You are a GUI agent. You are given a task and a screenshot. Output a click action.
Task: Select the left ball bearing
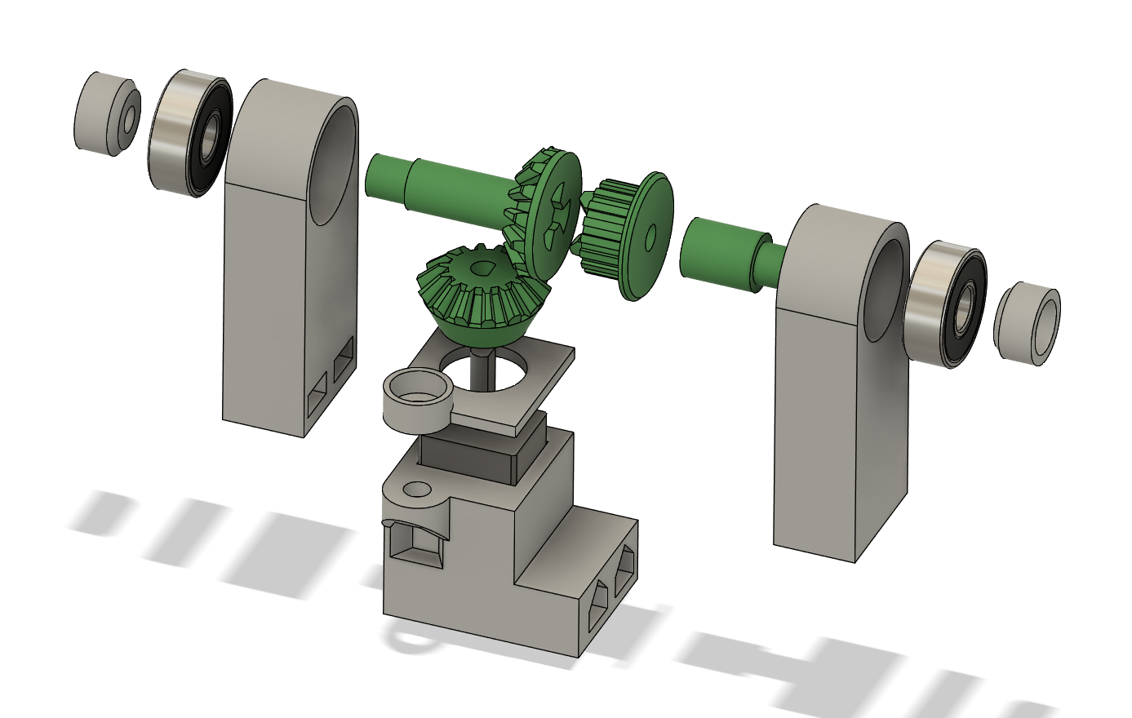point(190,133)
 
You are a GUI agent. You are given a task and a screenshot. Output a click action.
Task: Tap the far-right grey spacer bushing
point(1028,323)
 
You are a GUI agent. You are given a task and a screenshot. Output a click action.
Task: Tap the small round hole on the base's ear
point(417,490)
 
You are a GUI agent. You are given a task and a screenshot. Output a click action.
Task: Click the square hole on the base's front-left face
point(415,544)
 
